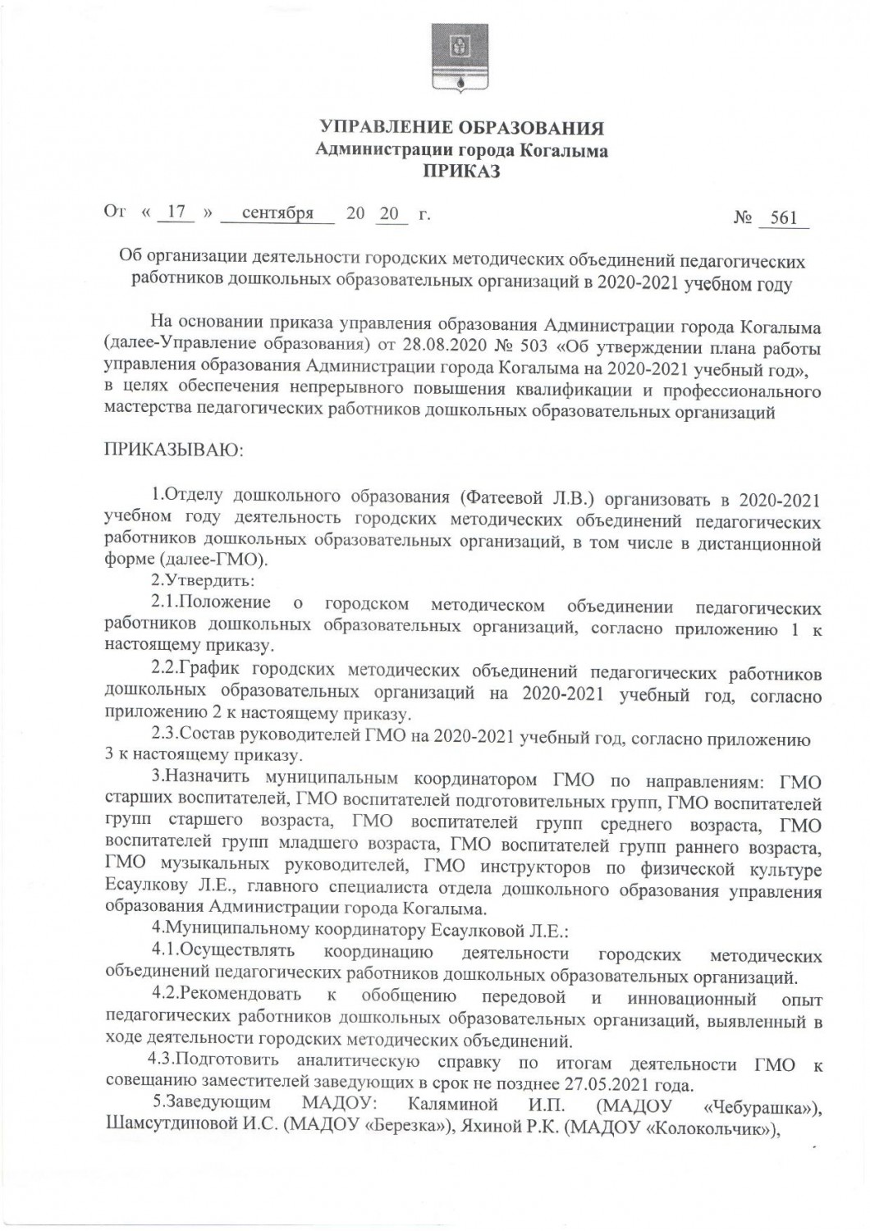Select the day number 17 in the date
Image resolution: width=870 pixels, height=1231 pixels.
[x=172, y=213]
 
